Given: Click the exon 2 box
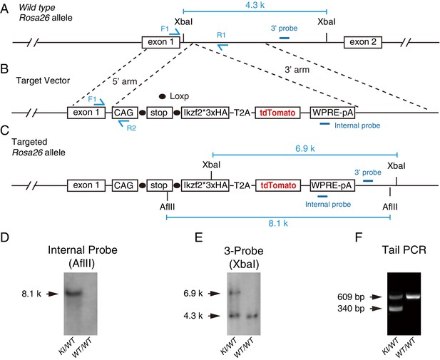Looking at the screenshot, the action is [x=363, y=42].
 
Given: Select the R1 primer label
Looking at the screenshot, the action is [x=221, y=35].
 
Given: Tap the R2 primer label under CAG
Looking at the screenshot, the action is [x=131, y=128].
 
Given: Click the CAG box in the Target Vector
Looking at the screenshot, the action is [x=125, y=113].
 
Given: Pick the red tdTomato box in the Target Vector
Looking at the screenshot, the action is [x=277, y=113].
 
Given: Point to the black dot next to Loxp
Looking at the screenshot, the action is [x=162, y=96].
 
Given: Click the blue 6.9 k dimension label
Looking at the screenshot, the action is [x=305, y=148].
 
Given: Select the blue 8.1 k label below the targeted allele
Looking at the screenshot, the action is [x=278, y=223].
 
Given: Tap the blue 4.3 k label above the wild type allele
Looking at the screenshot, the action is [x=255, y=5].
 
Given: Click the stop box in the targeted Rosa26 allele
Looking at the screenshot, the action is [x=160, y=185].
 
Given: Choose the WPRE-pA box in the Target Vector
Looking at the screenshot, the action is [x=332, y=113].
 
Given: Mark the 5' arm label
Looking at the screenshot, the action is [x=125, y=81].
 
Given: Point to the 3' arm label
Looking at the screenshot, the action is [x=297, y=70].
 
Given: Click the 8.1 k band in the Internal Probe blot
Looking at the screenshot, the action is [x=73, y=294].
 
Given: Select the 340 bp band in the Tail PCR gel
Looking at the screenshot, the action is [x=396, y=309].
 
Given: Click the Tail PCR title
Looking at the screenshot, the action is [x=404, y=250].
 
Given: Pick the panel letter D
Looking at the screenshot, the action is [x=4, y=237].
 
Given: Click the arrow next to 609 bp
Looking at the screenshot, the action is [x=376, y=297].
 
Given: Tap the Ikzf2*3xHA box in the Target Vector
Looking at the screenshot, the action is [x=205, y=113].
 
